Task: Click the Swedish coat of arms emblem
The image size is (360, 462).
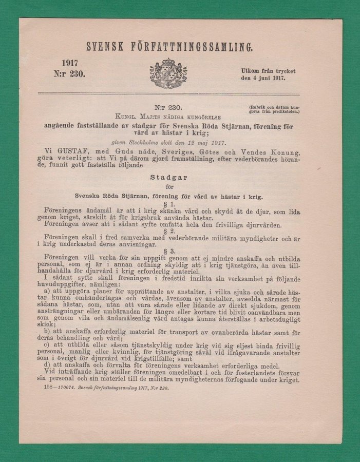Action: pos(168,73)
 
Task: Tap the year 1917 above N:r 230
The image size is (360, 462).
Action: pos(70,63)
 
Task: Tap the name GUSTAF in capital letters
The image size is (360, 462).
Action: pos(72,152)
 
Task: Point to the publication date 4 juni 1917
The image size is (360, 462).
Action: pos(267,79)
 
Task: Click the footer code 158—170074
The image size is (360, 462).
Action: pos(60,388)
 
